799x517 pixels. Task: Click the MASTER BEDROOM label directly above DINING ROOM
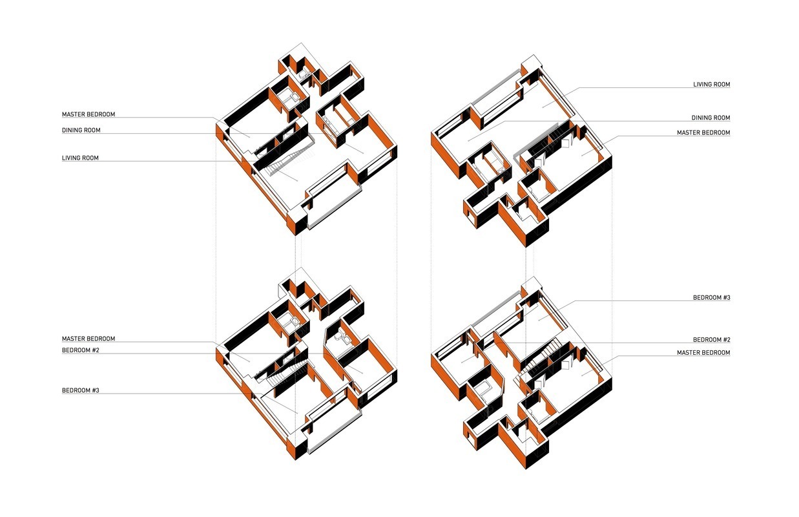(x=88, y=114)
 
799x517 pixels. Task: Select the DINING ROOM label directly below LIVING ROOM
(x=711, y=118)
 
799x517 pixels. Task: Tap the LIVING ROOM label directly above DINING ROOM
(x=711, y=84)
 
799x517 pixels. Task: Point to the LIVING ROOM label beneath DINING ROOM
(x=80, y=158)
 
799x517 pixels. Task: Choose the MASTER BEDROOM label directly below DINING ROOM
(x=703, y=132)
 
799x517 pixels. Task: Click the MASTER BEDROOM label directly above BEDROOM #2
(x=88, y=339)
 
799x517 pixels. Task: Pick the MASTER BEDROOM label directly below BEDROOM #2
(x=703, y=352)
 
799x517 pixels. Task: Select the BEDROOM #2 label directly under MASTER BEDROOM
(x=81, y=350)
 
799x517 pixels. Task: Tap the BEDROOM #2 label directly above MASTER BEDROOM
(x=712, y=340)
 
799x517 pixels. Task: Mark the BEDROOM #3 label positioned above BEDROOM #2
(x=712, y=297)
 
